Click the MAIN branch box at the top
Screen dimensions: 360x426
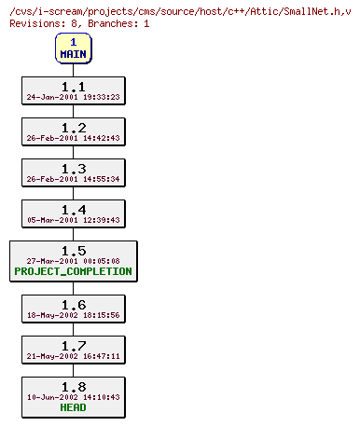[73, 48]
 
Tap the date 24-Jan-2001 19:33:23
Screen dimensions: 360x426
[73, 96]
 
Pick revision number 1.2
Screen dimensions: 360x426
[73, 127]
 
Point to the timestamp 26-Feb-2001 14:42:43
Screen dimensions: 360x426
[73, 138]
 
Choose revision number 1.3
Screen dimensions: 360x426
[73, 168]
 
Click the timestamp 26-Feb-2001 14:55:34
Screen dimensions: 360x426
[73, 179]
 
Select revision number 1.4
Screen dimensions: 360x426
[73, 209]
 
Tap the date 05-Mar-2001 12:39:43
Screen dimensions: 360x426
[73, 220]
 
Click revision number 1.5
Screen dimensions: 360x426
[73, 250]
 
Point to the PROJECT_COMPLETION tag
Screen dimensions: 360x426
[73, 272]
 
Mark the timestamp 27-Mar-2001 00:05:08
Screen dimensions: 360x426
[73, 261]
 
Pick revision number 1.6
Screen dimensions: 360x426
[73, 304]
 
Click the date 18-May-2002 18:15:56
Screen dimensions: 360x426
[73, 315]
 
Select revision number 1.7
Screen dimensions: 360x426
[73, 345]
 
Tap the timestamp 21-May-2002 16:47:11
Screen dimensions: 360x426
[73, 356]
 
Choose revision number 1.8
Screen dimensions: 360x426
[73, 386]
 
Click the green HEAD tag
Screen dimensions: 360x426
[73, 408]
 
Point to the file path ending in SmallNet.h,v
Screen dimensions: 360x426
[178, 9]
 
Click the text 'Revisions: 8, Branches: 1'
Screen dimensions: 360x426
[79, 22]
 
